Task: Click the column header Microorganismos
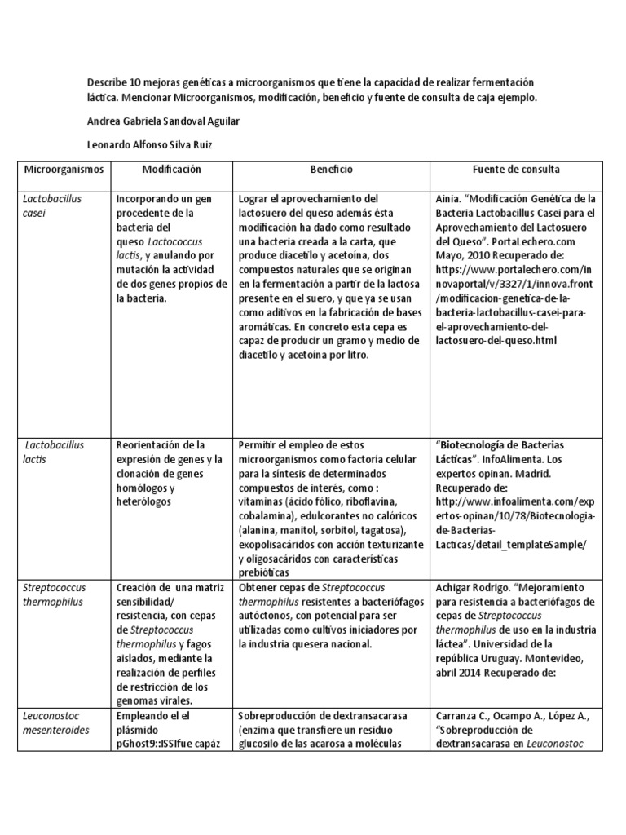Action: coord(64,170)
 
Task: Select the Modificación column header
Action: coord(171,170)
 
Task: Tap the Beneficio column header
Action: coord(331,170)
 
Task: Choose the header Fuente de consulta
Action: coord(516,170)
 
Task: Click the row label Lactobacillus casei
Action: coord(52,205)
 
